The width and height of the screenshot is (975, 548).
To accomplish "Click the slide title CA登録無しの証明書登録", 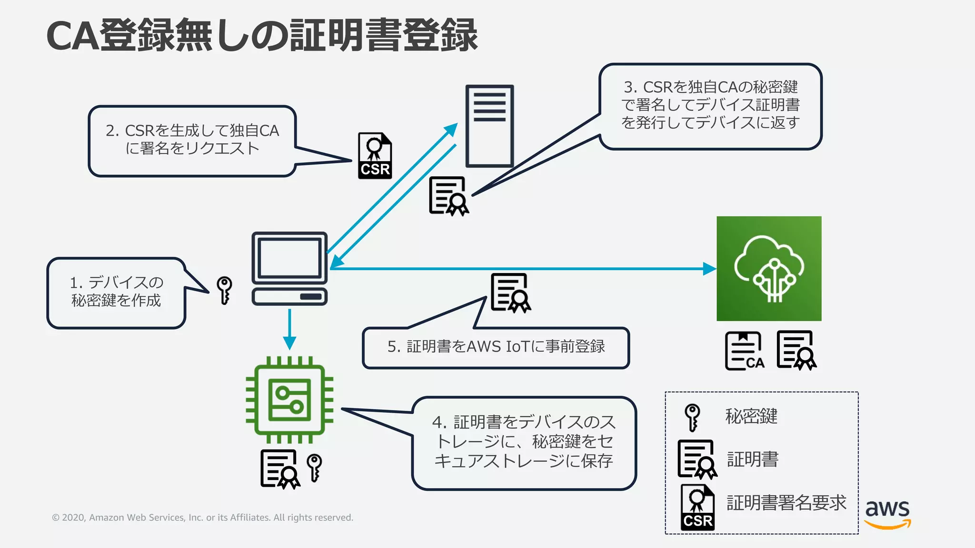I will point(262,36).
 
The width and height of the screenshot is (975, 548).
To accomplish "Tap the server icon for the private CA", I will point(489,126).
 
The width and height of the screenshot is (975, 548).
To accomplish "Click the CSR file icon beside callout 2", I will point(375,156).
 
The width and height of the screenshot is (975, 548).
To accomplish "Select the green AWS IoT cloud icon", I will point(769,269).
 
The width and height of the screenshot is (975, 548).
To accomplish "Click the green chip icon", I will point(289,400).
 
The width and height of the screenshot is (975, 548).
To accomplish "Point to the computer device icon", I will point(289,269).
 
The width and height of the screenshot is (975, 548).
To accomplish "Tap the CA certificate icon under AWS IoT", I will point(744,351).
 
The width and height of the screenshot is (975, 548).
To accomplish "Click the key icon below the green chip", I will point(314,468).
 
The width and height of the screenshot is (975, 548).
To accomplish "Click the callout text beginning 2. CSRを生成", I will point(192,139).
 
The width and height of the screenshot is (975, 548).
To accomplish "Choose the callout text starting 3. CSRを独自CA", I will point(710,105).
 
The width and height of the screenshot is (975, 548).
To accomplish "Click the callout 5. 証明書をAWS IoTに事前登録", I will point(496,347).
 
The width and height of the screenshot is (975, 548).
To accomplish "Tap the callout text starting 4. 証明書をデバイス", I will point(524,441).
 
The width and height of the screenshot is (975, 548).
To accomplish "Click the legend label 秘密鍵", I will point(751,416).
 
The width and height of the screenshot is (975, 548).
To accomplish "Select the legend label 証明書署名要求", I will point(786,503).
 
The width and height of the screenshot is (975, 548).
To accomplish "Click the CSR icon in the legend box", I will point(697,508).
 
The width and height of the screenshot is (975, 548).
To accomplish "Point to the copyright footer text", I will point(202,518).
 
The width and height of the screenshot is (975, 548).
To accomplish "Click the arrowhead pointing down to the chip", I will point(289,343).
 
